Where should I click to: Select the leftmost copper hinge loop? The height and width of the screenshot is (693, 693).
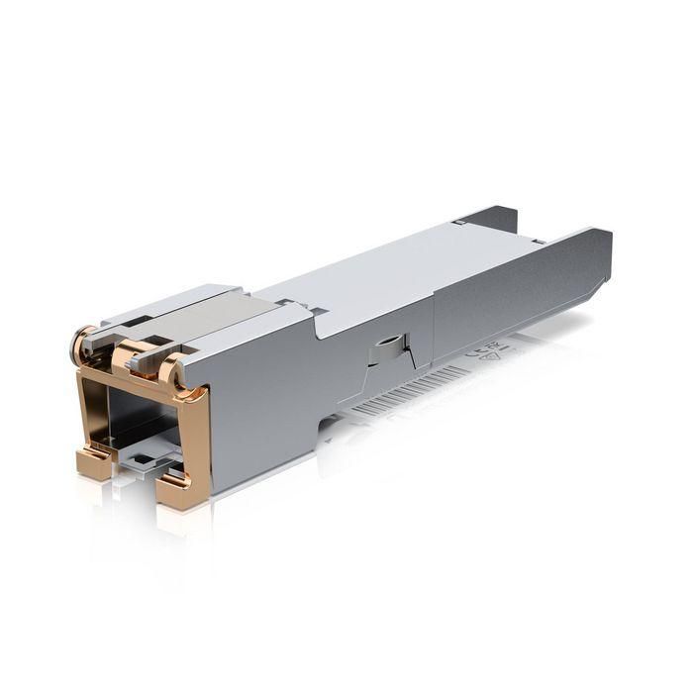click(87, 337)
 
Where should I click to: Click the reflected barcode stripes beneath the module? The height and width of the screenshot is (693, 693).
click(396, 396)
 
